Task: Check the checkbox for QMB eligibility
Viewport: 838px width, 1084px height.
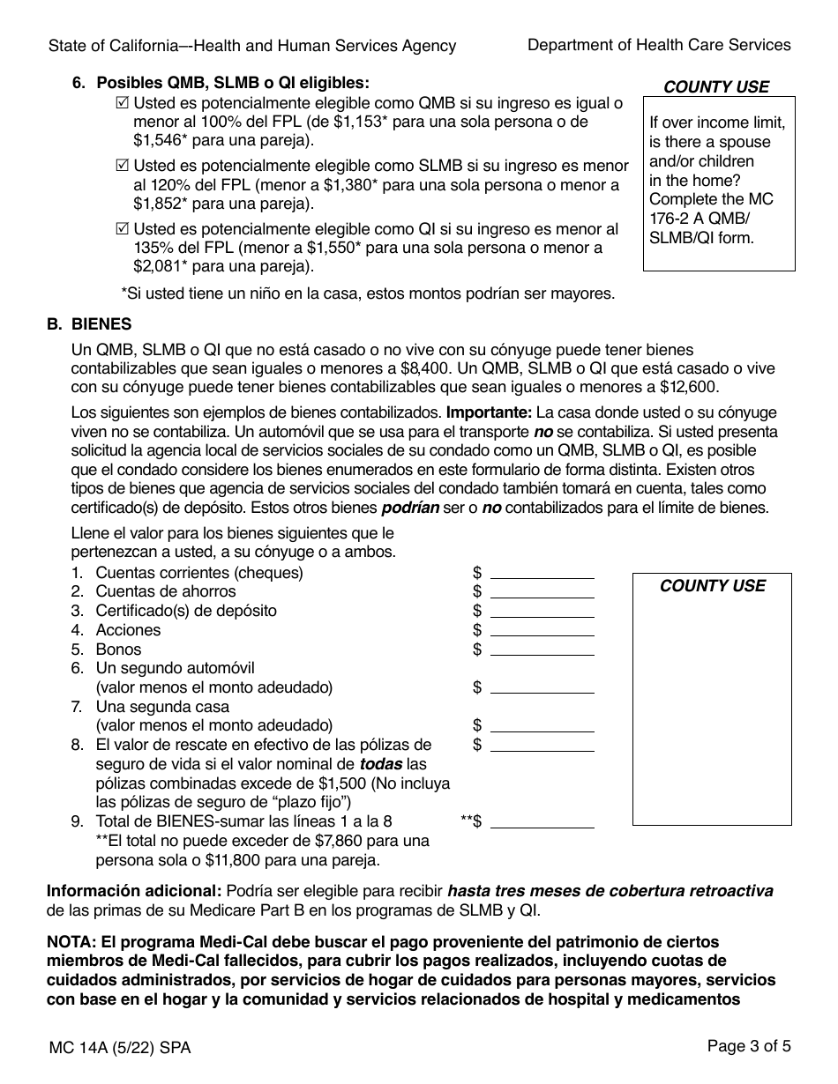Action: coord(122,103)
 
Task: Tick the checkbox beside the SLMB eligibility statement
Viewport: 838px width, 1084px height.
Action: coord(122,167)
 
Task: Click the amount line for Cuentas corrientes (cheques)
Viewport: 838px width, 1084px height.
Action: coord(542,573)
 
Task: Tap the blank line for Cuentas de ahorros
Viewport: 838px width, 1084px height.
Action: coord(542,592)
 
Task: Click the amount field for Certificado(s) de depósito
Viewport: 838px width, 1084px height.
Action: coord(542,612)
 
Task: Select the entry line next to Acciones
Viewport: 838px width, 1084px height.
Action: coord(542,630)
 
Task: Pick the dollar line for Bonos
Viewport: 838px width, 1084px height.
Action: coord(542,650)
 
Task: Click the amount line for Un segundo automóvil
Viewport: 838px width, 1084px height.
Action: coord(542,688)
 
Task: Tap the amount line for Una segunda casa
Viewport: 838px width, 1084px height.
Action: coord(542,726)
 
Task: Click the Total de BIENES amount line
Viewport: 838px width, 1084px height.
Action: coord(542,822)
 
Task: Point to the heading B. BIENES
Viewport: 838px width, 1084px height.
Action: coord(89,324)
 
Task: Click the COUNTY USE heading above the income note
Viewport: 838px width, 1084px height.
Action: coord(715,86)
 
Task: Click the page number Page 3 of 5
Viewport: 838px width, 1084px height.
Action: coord(748,1047)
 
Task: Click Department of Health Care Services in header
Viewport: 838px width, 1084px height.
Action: coord(658,45)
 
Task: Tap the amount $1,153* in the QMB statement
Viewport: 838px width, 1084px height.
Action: coord(361,122)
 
